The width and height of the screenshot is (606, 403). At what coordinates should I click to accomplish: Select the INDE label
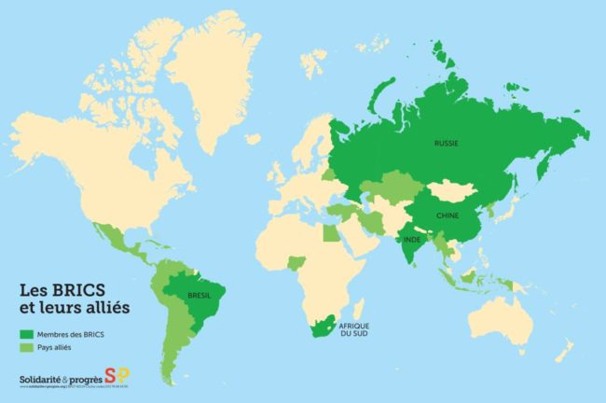(x=411, y=239)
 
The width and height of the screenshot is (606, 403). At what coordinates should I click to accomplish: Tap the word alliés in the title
(x=105, y=306)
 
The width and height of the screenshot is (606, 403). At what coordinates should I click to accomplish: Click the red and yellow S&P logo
(x=117, y=377)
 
